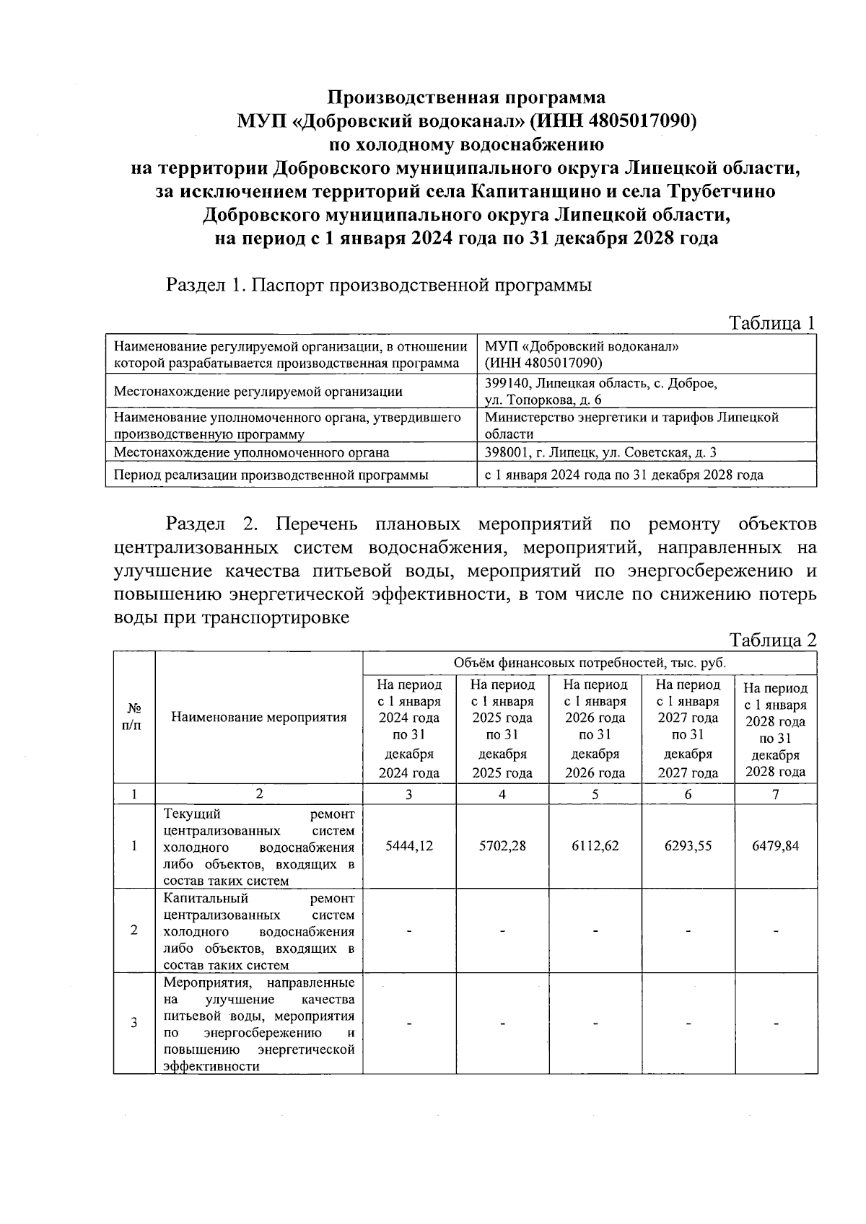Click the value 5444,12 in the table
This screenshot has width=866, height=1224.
408,845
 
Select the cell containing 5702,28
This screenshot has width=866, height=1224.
502,845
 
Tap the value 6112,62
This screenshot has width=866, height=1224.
595,845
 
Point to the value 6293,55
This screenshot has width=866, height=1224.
688,845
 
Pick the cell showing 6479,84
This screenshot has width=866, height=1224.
775,845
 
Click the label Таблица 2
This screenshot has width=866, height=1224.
772,640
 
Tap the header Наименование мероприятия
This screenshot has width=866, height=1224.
259,717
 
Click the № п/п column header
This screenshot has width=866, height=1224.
134,717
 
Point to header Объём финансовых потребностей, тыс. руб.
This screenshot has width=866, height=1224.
589,662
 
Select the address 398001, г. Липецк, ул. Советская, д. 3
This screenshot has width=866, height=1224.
600,452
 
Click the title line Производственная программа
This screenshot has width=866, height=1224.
467,97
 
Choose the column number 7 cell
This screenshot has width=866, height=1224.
775,794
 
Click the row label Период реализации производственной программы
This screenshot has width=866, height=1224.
271,475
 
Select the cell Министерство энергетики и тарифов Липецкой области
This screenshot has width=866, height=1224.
631,426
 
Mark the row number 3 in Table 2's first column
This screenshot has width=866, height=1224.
134,1023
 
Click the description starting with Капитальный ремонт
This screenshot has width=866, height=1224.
259,931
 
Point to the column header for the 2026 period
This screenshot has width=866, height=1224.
595,728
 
